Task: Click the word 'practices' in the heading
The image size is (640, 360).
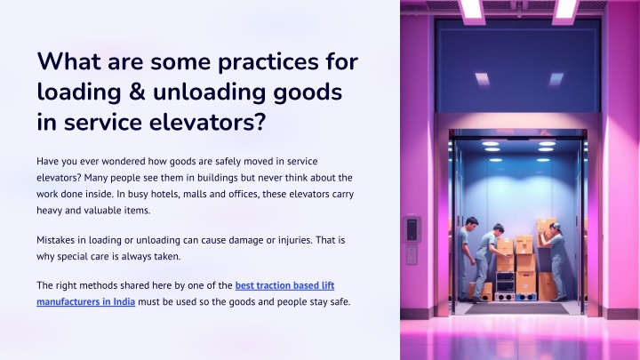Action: [x=268, y=62]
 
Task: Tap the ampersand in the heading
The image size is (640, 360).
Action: [x=137, y=92]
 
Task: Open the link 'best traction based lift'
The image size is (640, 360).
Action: [x=285, y=285]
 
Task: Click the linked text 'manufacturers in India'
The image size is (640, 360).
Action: [x=85, y=301]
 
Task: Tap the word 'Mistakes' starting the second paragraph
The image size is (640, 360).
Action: [x=55, y=240]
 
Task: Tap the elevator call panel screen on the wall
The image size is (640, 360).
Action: [x=412, y=229]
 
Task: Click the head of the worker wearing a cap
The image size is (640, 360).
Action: [x=555, y=228]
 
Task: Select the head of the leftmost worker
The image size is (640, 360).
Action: [x=472, y=223]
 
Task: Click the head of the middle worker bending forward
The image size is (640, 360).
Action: [x=498, y=229]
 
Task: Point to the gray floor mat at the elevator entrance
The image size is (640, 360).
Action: [x=516, y=308]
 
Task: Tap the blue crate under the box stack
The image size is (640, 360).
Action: [x=525, y=297]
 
